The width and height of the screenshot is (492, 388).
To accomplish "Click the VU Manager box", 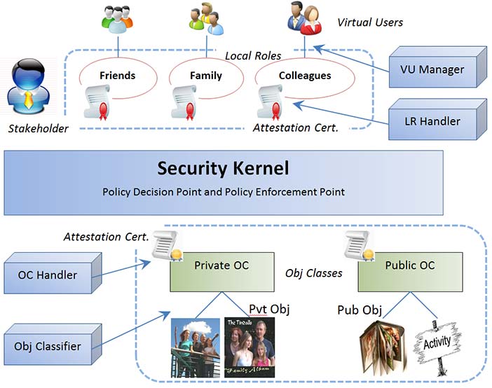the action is tap(438, 67).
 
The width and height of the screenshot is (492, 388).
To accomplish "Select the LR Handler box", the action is tap(438, 119).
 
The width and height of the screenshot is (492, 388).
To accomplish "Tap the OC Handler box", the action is tap(53, 273).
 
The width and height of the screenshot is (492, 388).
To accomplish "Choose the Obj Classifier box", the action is tap(53, 345).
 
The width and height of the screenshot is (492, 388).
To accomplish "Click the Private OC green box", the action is tap(222, 272).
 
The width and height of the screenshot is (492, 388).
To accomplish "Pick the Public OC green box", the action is tap(410, 272).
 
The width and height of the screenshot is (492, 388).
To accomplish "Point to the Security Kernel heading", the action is tap(223, 168).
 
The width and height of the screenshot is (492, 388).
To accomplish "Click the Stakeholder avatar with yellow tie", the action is tap(29, 86).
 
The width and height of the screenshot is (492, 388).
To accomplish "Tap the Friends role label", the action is tap(117, 75).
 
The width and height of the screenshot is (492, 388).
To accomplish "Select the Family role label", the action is tap(206, 75).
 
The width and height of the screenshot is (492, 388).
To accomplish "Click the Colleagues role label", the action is tap(305, 75).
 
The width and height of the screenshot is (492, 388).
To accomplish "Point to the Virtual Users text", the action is tap(370, 22).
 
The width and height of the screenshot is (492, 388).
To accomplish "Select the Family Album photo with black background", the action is tap(250, 347).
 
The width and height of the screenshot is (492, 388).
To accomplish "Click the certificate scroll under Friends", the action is tap(97, 102).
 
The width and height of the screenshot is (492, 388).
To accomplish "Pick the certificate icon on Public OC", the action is tap(360, 246).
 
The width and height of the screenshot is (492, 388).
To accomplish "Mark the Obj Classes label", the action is tap(314, 273).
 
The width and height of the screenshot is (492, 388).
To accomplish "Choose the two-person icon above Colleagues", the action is tap(304, 18).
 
